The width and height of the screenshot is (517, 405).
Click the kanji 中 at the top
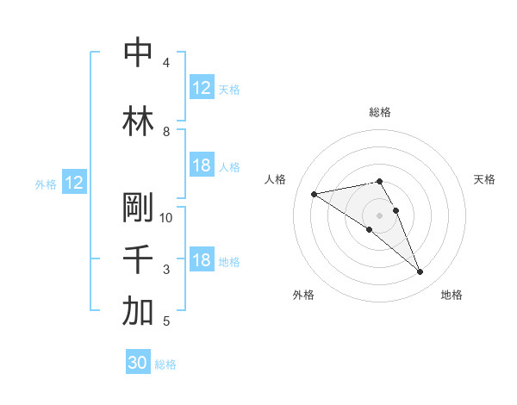click(137, 53)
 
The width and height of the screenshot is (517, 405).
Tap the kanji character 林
click(137, 121)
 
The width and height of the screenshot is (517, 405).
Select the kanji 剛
click(137, 208)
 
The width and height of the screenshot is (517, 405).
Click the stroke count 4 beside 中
click(166, 63)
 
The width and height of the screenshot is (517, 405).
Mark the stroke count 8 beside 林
click(166, 132)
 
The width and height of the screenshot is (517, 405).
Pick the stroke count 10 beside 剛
click(166, 218)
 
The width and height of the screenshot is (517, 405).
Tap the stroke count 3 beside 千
click(166, 271)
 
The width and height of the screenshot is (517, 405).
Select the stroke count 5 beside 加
click(166, 322)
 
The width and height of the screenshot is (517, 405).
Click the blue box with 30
click(138, 364)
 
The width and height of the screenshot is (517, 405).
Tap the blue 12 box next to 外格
click(73, 183)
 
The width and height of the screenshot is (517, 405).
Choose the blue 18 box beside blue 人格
click(202, 166)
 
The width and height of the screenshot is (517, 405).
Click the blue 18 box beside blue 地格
click(202, 261)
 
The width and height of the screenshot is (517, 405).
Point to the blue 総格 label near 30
click(165, 364)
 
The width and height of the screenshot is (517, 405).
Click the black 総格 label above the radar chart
click(379, 112)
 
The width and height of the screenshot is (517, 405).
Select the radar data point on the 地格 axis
click(420, 272)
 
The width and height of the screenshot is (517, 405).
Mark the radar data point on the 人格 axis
click(314, 193)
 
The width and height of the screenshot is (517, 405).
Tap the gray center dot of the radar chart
click(379, 215)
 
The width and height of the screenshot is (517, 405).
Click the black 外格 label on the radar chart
click(303, 295)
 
